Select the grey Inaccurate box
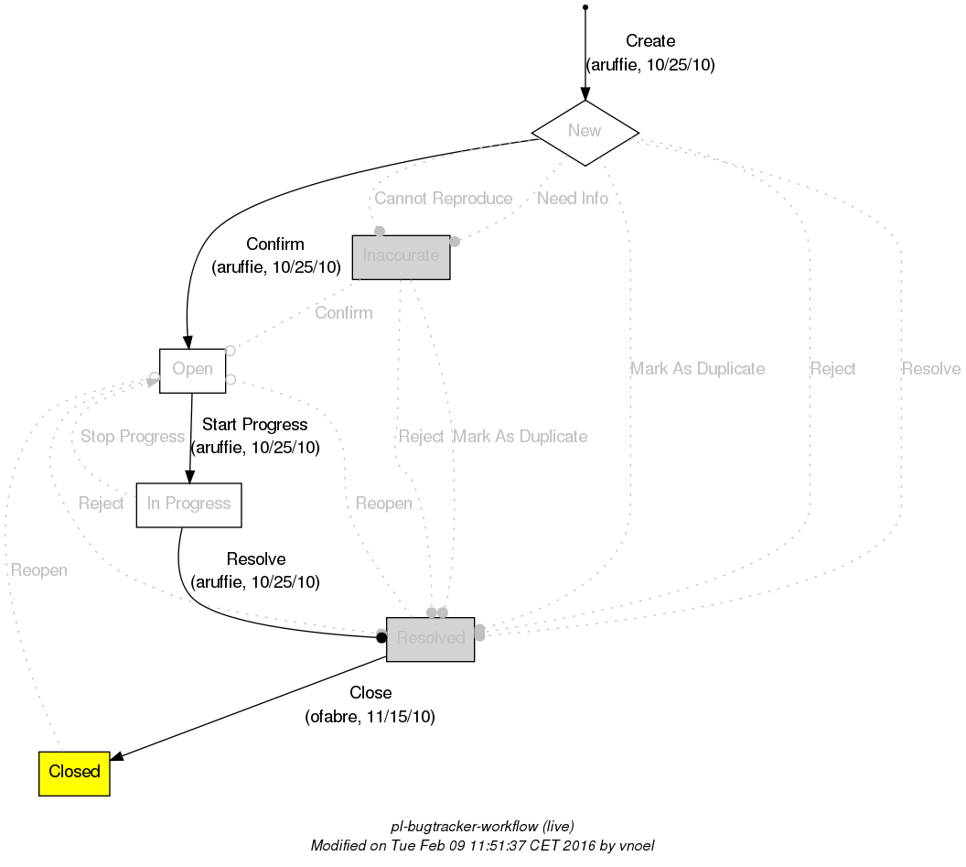coord(401,256)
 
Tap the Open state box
coord(192,370)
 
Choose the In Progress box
coord(188,504)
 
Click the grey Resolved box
coord(430,638)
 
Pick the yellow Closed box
coord(74,773)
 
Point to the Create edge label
coord(649,41)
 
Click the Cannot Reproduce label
coord(443,199)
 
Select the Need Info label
coord(573,199)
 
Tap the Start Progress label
coord(254,425)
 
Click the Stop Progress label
coord(133,437)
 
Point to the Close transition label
coord(370,693)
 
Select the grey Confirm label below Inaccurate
coord(343,313)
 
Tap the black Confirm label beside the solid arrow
coord(275,244)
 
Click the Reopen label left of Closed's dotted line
coord(38,570)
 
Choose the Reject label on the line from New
coord(832,369)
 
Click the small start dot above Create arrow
coord(585,7)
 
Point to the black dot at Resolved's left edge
coord(381,638)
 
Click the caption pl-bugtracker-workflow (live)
coord(482,827)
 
